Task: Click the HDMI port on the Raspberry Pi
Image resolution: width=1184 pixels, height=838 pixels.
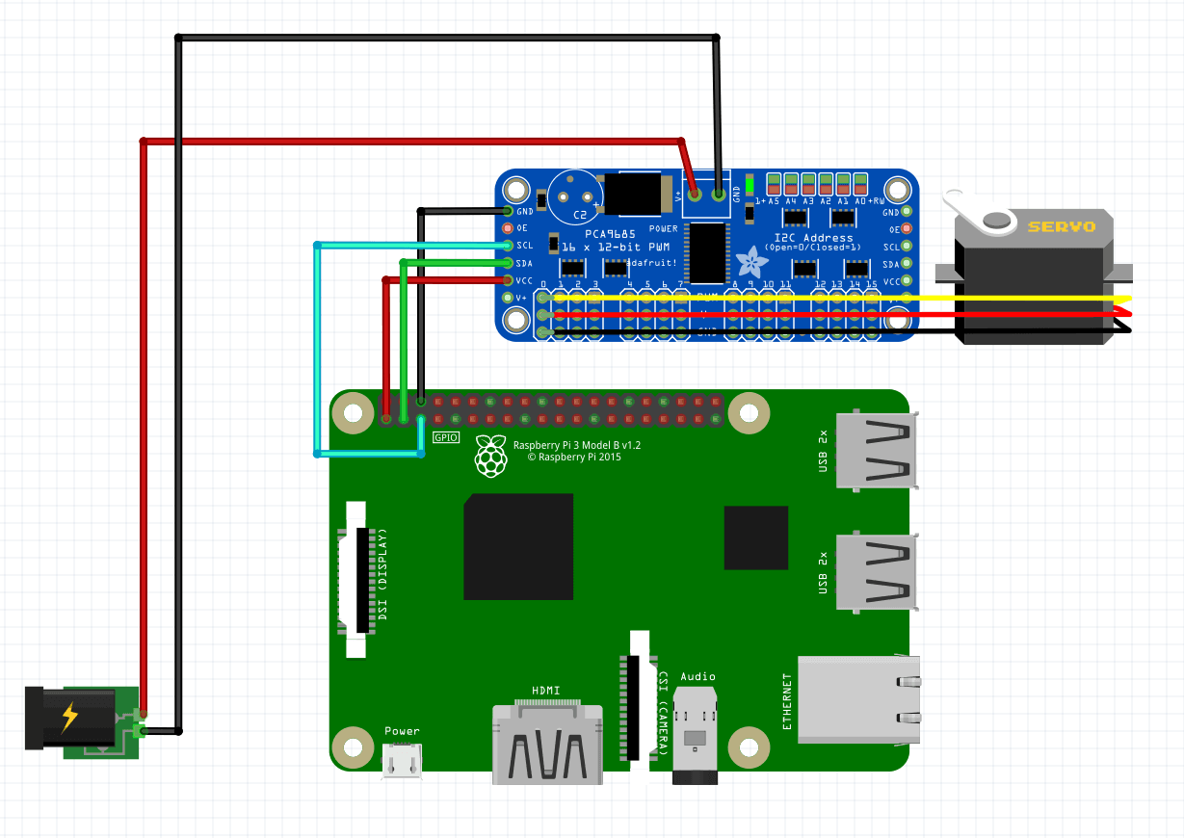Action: click(547, 742)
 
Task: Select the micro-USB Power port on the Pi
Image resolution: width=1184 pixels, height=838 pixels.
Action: click(403, 762)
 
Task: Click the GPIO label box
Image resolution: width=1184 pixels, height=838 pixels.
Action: click(446, 437)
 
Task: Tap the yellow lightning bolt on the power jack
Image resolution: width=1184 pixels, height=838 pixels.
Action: click(70, 717)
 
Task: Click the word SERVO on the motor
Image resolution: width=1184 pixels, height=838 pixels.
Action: click(1061, 227)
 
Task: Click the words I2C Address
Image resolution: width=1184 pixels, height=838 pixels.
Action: click(814, 237)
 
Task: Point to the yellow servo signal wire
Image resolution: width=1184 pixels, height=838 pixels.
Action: click(1012, 299)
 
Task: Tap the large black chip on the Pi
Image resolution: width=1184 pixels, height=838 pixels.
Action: click(518, 546)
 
